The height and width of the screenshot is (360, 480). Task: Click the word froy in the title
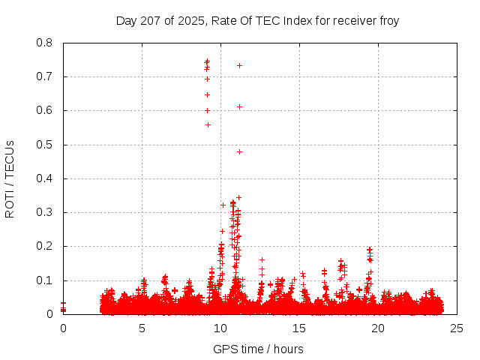[388, 20]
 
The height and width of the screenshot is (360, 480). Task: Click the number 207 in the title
[150, 20]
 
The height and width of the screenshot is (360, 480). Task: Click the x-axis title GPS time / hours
[258, 349]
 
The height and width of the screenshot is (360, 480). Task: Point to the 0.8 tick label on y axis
[46, 43]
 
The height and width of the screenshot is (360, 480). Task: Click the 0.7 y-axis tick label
[46, 76]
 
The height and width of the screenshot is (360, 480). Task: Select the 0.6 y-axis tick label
[46, 110]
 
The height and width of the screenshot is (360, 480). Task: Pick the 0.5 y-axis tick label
[46, 145]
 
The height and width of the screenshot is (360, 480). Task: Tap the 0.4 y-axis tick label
[46, 178]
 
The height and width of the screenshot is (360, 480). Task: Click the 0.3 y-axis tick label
[46, 212]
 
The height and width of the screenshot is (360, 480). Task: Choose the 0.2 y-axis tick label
[46, 246]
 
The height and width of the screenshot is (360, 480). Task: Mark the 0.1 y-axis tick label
[46, 280]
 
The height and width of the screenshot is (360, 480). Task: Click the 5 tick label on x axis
[142, 328]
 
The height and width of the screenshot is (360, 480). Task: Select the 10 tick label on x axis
[220, 328]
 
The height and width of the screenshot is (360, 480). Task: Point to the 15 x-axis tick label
[299, 328]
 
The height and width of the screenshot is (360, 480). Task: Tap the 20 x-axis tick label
[378, 328]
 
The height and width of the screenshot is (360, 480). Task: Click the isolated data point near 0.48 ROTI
[239, 151]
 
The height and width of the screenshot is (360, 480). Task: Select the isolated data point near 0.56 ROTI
[208, 124]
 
